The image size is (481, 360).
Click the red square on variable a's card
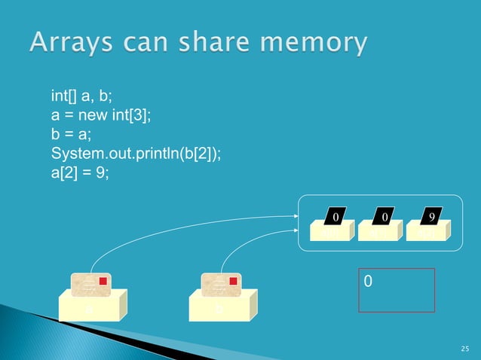click(104, 281)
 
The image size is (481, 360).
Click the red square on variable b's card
click(233, 281)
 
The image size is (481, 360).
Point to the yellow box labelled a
click(90, 308)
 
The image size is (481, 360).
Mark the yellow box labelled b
click(220, 308)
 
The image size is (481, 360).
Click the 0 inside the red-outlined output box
click(368, 281)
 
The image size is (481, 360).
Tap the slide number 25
click(464, 349)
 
